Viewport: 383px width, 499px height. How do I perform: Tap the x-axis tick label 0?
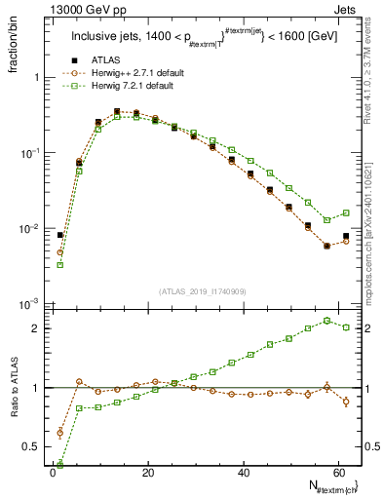52,472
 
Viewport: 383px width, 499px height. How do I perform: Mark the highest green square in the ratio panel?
326,320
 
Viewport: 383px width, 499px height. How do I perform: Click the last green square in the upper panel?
345,211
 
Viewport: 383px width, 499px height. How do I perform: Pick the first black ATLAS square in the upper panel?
60,235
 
